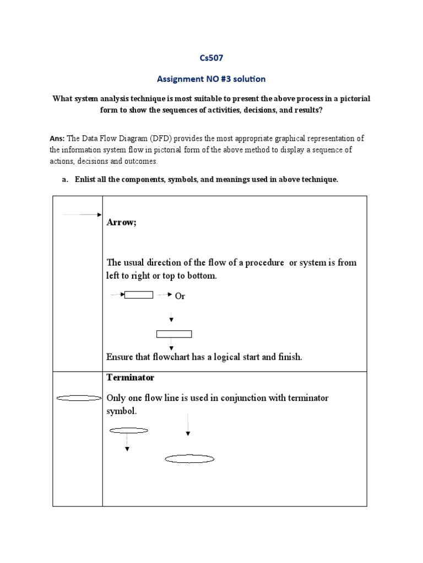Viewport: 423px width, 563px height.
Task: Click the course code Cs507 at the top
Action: [211, 58]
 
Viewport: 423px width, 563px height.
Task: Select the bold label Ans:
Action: [57, 138]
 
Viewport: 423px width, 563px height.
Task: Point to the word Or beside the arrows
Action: [180, 296]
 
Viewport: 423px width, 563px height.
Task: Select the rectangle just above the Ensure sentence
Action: [174, 334]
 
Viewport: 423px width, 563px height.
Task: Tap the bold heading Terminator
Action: [130, 378]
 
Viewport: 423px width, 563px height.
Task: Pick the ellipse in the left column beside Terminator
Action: [79, 398]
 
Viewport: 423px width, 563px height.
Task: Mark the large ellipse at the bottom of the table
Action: [190, 459]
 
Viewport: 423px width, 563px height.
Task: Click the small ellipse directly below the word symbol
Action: [129, 430]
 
